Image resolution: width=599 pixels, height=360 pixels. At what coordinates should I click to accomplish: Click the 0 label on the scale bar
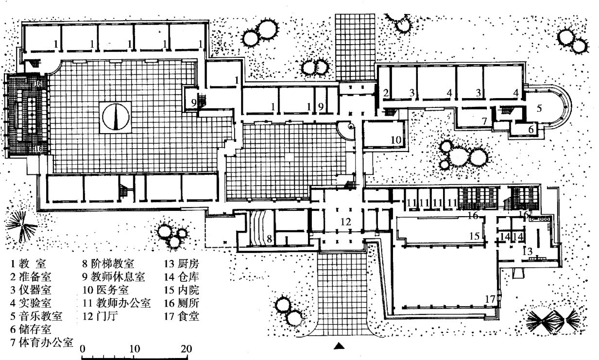[83, 349]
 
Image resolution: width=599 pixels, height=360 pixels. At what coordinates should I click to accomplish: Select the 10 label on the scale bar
[135, 349]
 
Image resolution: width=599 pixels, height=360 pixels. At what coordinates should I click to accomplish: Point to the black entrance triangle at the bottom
[340, 346]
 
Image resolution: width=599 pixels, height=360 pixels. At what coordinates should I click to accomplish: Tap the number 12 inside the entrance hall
[345, 222]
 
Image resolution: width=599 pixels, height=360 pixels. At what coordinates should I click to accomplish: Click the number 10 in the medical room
[396, 140]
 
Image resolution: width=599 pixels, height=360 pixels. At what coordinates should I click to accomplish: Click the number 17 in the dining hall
[490, 298]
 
